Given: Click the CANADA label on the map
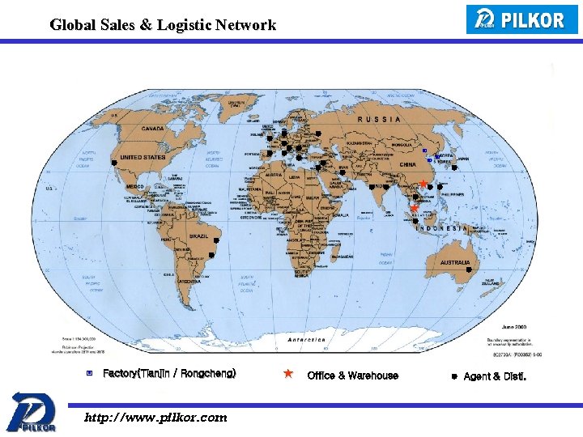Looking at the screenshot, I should pyautogui.click(x=152, y=128).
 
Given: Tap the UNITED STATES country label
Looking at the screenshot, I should pyautogui.click(x=142, y=157).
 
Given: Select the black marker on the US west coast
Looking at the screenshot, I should pyautogui.click(x=115, y=163).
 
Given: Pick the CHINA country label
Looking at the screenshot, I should pyautogui.click(x=407, y=164).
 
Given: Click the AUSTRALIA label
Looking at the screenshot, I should pyautogui.click(x=455, y=262).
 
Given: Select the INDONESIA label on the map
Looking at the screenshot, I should pyautogui.click(x=442, y=228).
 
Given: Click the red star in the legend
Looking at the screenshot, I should pyautogui.click(x=287, y=374).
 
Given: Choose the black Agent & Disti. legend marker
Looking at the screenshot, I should pyautogui.click(x=454, y=376).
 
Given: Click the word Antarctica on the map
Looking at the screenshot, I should pyautogui.click(x=307, y=340).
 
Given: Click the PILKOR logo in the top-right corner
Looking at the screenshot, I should pyautogui.click(x=522, y=19).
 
